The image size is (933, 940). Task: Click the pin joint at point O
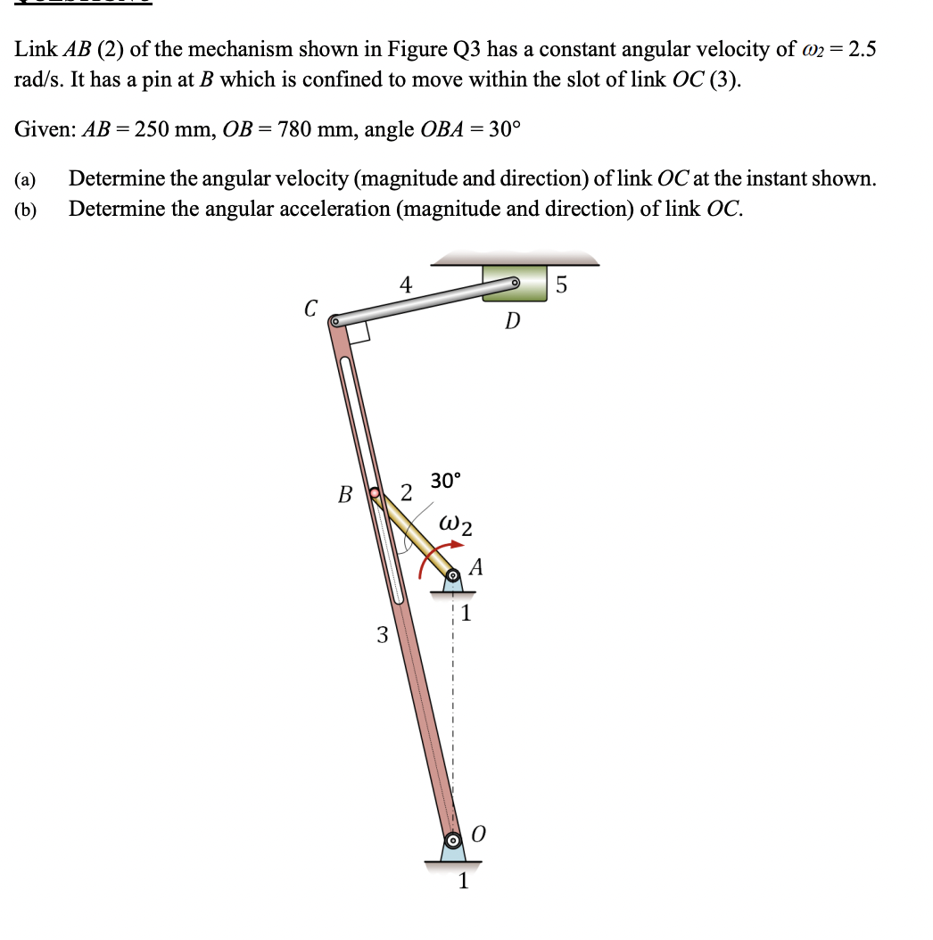(x=453, y=840)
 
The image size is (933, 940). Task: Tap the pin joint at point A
(x=453, y=575)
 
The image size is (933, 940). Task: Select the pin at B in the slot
(x=376, y=491)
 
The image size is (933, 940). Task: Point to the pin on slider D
(x=515, y=284)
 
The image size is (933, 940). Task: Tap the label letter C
(x=310, y=309)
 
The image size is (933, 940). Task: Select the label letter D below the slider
(x=511, y=321)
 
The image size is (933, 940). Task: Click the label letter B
(x=345, y=494)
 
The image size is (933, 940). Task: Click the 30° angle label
(x=446, y=481)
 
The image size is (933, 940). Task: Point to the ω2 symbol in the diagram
(x=456, y=524)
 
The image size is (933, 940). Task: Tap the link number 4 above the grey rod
(x=405, y=285)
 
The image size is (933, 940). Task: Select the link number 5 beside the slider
(x=560, y=285)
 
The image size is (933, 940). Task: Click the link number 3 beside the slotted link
(x=382, y=635)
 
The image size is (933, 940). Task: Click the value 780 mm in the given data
(x=311, y=129)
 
